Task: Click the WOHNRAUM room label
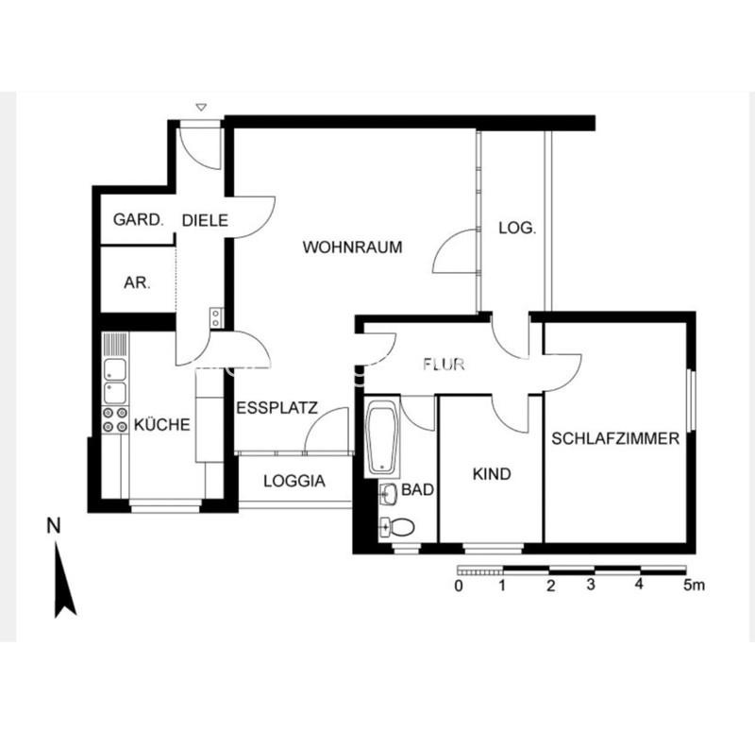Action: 352,247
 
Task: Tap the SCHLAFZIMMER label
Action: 616,438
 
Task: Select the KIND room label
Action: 491,473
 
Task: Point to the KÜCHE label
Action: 161,425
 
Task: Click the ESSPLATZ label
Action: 277,409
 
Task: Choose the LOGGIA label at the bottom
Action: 294,481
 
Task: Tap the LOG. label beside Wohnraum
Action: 517,228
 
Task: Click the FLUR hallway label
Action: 444,365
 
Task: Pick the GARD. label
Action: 139,220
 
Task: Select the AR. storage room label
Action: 137,281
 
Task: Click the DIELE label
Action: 205,220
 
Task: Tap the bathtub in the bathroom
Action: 383,437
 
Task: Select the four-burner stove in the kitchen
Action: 115,419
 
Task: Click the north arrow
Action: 63,579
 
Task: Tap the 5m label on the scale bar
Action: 694,586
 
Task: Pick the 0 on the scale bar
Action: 458,586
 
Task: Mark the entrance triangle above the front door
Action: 199,108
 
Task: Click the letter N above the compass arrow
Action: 54,525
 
